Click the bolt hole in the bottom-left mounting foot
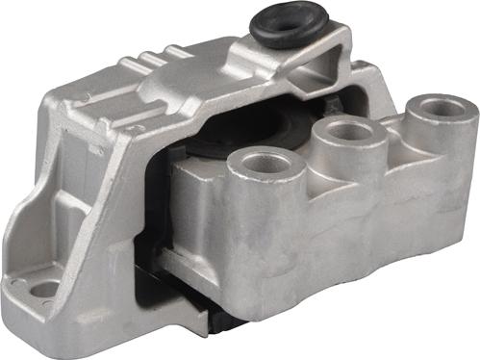click(x=43, y=288)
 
